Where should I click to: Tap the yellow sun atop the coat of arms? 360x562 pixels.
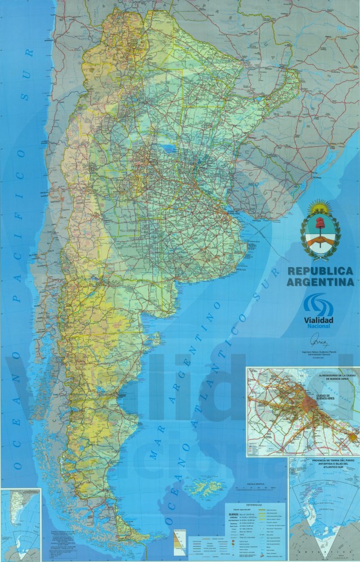click(318, 203)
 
